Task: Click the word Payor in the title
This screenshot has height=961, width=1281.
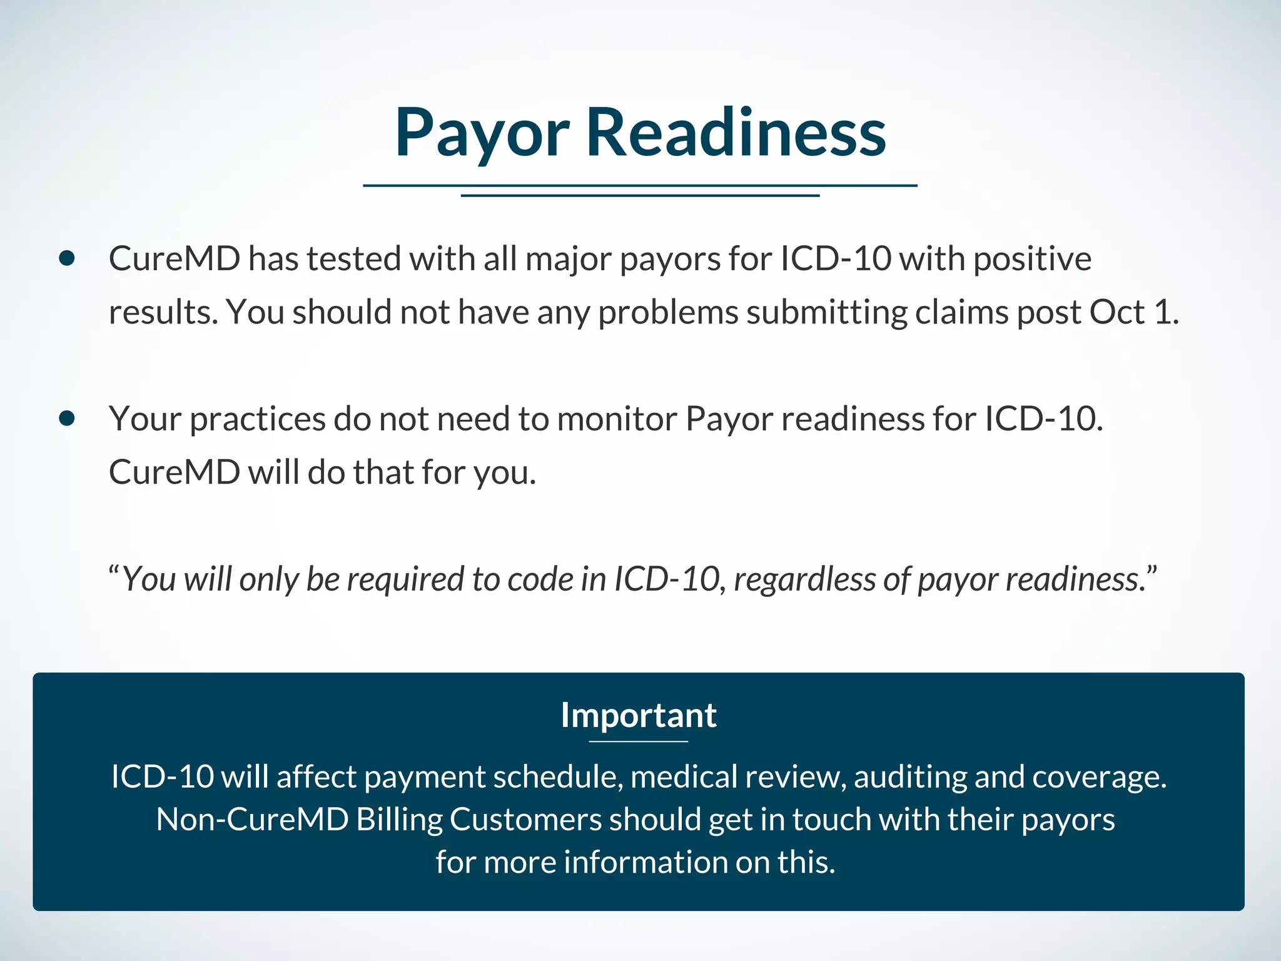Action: pos(482,133)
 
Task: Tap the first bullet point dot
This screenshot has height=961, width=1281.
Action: pos(67,258)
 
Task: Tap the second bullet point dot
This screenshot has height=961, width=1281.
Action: pos(67,418)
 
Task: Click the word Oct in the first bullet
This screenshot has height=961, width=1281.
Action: pos(1117,312)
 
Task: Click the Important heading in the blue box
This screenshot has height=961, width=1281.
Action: pos(639,715)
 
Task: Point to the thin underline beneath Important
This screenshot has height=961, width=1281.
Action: pos(639,741)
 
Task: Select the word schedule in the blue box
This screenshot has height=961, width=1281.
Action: pos(558,777)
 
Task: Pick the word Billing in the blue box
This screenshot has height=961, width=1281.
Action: pos(399,820)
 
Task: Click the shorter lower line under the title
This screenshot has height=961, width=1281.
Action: pos(640,196)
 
